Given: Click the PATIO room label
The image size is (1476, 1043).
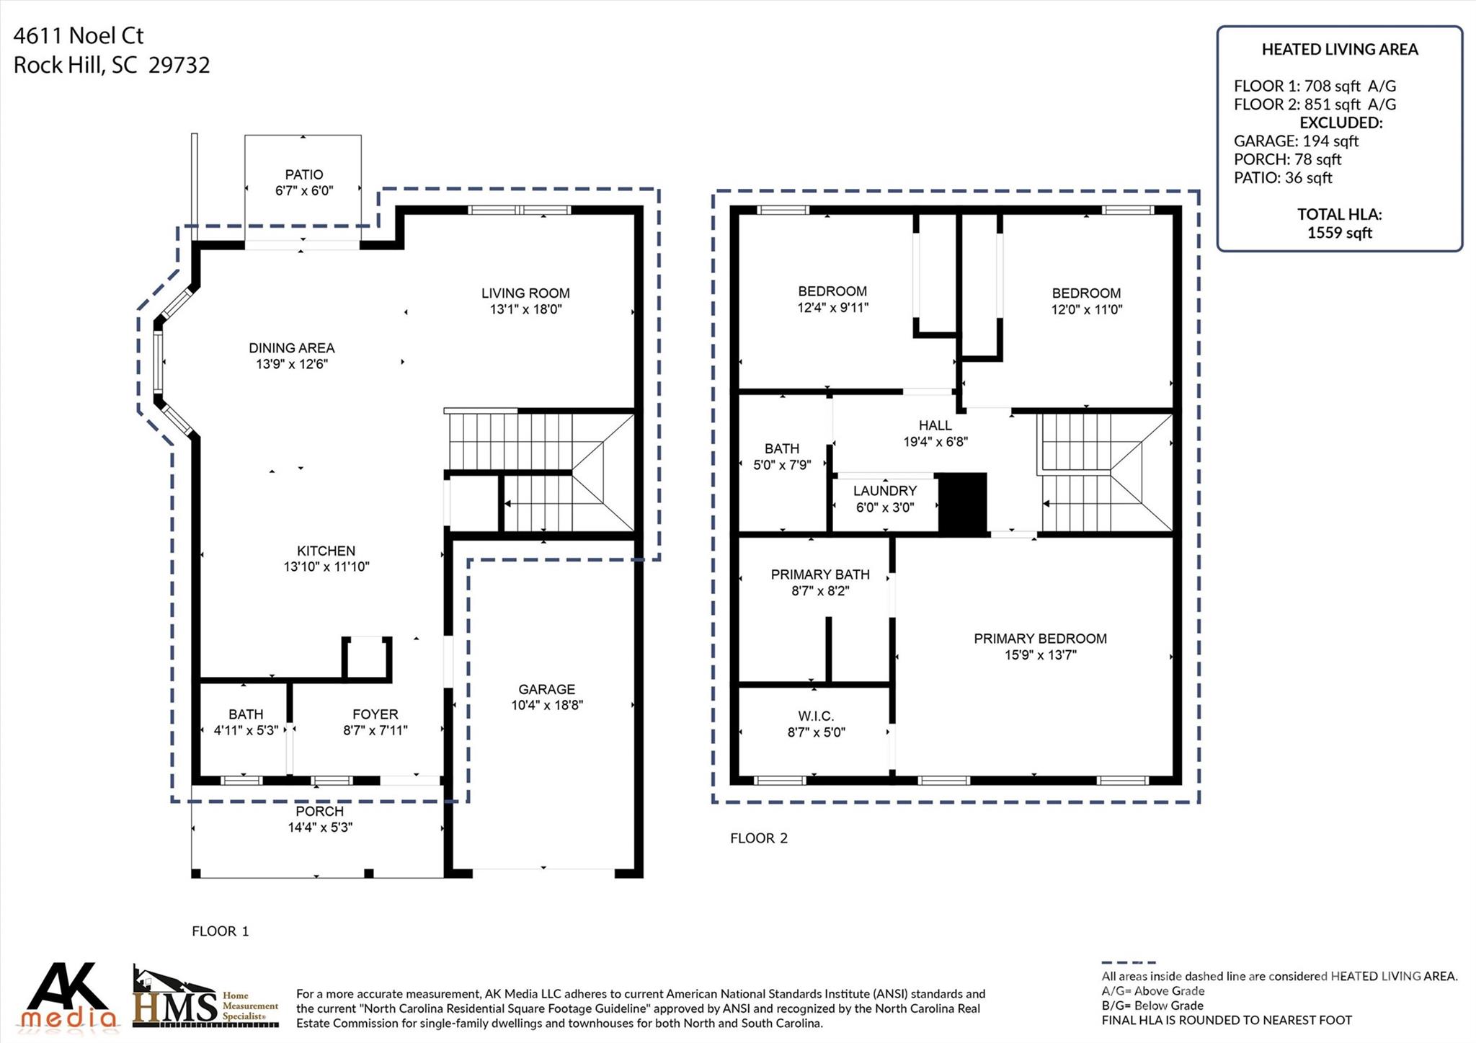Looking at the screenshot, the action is click(304, 174).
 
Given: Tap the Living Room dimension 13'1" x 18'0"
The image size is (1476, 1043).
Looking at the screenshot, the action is click(525, 309).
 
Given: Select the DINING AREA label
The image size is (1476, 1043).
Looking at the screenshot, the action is click(292, 348).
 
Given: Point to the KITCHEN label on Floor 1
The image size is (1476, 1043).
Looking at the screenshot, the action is click(326, 551).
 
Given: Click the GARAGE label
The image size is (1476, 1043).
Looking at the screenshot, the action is click(547, 689).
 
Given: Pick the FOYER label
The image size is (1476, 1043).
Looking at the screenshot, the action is click(375, 714).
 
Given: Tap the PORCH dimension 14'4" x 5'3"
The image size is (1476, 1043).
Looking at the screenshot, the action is click(320, 827).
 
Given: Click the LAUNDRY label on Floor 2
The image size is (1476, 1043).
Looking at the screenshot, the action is click(885, 491).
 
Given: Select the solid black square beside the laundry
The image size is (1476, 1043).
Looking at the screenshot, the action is click(962, 504).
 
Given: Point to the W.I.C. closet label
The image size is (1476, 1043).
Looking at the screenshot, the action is click(816, 716).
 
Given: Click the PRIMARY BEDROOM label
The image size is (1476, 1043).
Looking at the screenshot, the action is click(1040, 639).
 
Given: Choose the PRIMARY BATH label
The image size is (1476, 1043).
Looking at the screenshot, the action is click(820, 574).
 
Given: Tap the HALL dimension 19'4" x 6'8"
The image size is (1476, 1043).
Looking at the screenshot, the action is click(935, 442).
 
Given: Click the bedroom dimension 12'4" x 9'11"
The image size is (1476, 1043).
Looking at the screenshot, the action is click(832, 308).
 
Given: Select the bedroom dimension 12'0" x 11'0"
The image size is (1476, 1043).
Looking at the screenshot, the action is click(1086, 310).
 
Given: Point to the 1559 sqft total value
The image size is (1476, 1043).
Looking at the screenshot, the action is click(1340, 233).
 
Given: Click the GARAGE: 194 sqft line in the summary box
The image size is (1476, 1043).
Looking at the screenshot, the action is click(1296, 141).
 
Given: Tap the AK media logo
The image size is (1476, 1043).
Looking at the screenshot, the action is click(68, 995).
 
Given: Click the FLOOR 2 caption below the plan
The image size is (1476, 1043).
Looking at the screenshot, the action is click(759, 838).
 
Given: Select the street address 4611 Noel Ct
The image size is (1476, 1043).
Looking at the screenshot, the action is click(79, 35).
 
